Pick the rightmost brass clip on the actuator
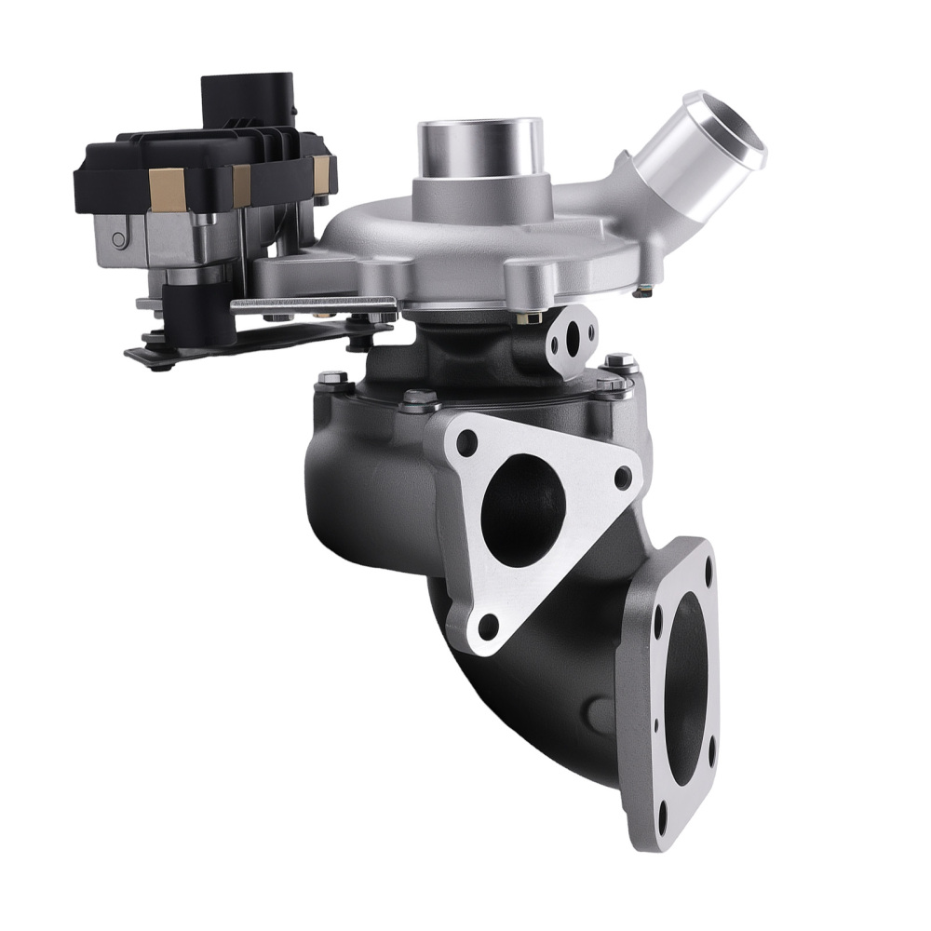pyautogui.click(x=322, y=170)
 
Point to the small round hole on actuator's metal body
pyautogui.click(x=118, y=238)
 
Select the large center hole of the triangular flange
pyautogui.click(x=526, y=510)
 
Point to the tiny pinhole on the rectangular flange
pyautogui.click(x=656, y=724)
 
